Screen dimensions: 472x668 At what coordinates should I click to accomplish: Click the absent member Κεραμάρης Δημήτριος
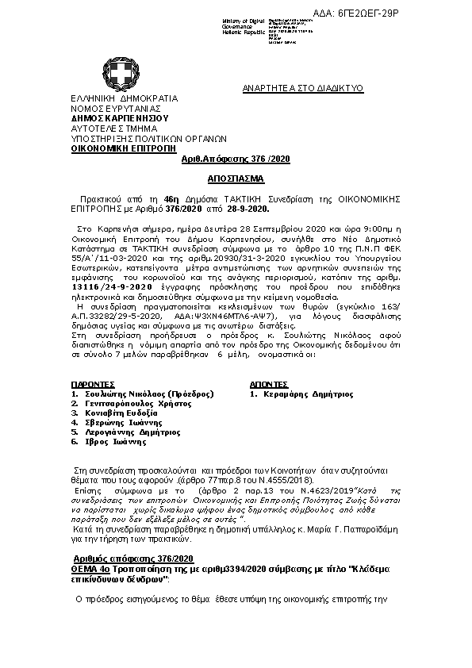coord(307,394)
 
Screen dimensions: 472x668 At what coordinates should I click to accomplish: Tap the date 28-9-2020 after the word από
coord(247,211)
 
